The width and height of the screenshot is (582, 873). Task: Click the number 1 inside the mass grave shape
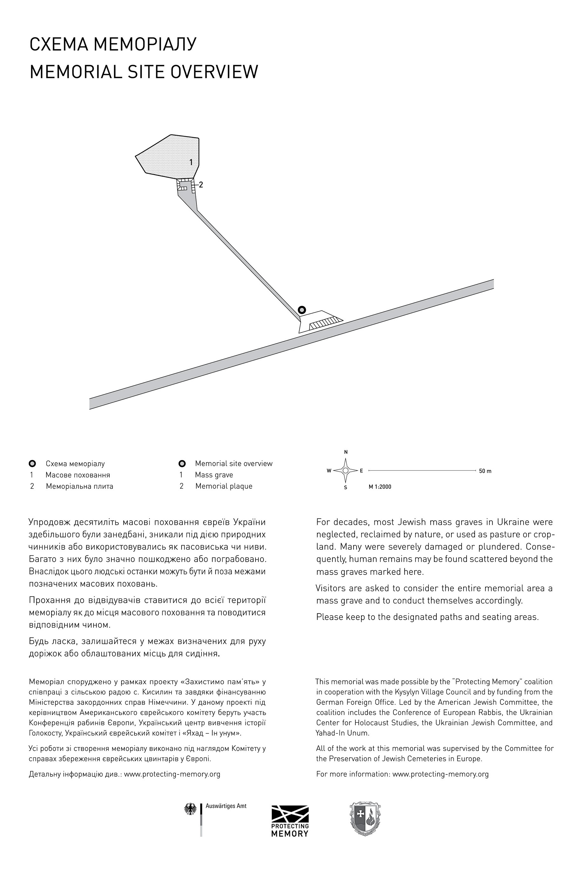coord(191,162)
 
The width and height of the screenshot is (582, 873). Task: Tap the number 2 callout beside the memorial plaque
coord(201,184)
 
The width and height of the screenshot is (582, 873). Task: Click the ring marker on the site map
coord(302,310)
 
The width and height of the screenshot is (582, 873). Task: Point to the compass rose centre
coord(346,470)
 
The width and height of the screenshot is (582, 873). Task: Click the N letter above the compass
coord(346,452)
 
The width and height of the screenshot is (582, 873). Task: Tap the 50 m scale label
coord(485,471)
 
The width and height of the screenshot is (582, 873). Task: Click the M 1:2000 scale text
coord(380,487)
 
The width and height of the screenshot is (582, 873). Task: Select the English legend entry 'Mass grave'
coord(214,475)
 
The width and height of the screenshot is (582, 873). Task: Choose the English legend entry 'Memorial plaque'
coord(224,486)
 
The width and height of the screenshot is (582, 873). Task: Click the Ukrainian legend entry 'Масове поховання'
coord(78,475)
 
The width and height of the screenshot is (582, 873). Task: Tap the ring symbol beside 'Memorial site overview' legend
coord(182,463)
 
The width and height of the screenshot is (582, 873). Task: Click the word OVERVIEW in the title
coord(215,72)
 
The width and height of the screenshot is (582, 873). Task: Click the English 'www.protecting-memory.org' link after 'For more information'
coord(440,774)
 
